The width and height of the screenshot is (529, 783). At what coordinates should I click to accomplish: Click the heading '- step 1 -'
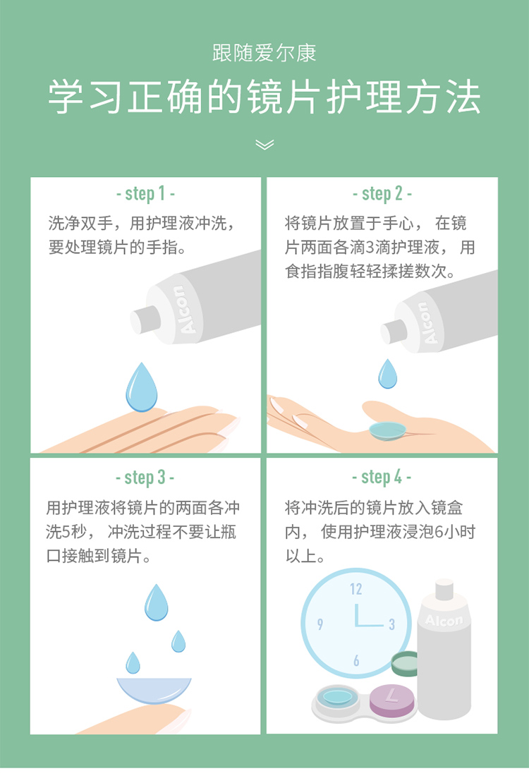click(x=145, y=194)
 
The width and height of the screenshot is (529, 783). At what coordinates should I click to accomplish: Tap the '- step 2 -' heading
click(x=382, y=194)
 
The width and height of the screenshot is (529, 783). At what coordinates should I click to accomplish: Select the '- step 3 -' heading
click(x=145, y=478)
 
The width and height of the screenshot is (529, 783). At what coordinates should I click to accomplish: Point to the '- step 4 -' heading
click(x=382, y=478)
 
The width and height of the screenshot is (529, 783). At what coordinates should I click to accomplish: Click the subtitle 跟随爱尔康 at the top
click(x=264, y=53)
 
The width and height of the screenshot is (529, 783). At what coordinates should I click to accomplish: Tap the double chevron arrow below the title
click(x=264, y=145)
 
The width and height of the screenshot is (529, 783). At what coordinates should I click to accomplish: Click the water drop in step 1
click(x=142, y=387)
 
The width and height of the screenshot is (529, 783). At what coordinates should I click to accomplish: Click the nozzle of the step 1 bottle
click(x=145, y=320)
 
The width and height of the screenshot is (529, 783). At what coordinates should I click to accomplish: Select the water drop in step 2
click(x=388, y=374)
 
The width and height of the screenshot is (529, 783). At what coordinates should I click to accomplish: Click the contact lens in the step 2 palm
click(x=387, y=430)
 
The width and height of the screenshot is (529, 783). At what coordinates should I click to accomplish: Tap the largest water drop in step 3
click(x=157, y=602)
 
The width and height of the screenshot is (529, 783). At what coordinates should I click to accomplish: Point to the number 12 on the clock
click(x=355, y=589)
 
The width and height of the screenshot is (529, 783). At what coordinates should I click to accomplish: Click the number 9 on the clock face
click(x=320, y=624)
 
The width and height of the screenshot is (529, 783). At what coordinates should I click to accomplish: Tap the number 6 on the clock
click(x=356, y=661)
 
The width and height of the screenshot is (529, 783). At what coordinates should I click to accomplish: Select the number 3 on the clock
click(x=392, y=624)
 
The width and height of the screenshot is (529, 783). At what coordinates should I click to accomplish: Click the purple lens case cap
click(x=392, y=700)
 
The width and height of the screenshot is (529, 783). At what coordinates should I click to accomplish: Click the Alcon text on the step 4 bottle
click(x=444, y=620)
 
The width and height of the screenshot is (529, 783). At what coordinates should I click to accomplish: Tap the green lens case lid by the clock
click(x=405, y=663)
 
